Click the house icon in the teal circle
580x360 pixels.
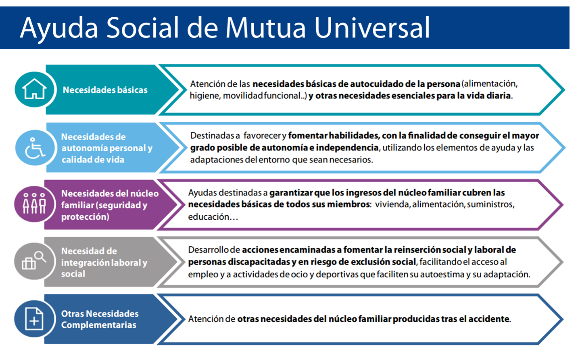(34, 89)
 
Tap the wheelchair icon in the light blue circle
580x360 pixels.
(35, 148)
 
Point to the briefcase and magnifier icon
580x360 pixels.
(34, 260)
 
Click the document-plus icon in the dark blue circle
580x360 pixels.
(34, 319)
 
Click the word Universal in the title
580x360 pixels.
(372, 28)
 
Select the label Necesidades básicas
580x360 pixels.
(105, 90)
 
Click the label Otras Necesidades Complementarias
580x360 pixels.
(99, 319)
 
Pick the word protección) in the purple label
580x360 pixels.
(85, 217)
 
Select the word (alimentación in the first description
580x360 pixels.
(489, 84)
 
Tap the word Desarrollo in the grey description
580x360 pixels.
(208, 250)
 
